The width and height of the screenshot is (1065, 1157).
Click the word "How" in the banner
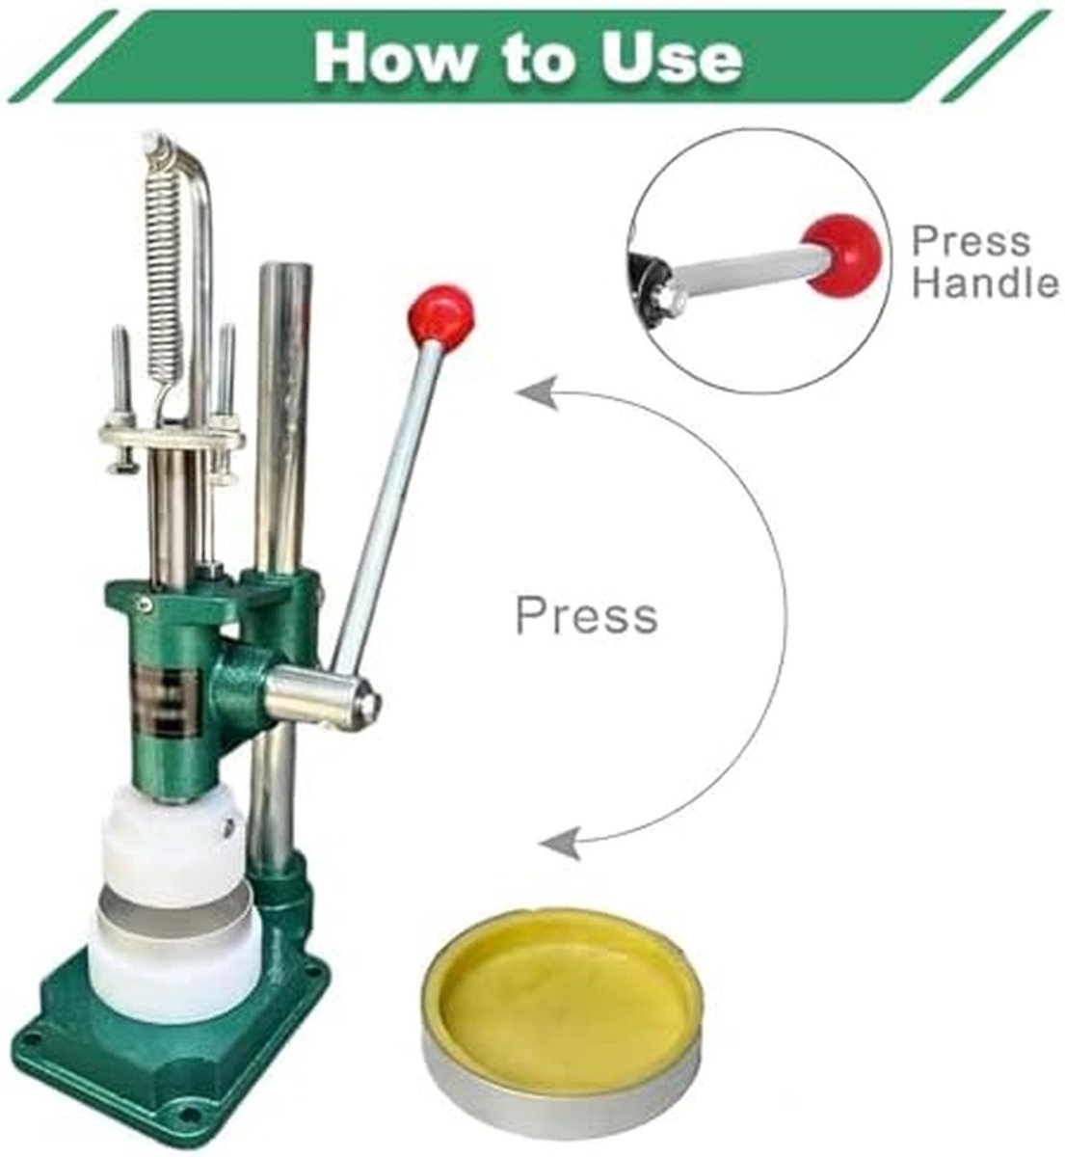coord(395,57)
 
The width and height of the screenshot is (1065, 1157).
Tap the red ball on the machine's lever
coord(439,316)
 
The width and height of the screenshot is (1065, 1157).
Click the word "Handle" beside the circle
coord(985,283)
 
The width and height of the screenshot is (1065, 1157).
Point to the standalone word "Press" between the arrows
coord(586,616)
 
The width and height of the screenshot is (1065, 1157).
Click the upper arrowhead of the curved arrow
coord(538,392)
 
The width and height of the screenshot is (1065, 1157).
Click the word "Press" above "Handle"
coord(971,241)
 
